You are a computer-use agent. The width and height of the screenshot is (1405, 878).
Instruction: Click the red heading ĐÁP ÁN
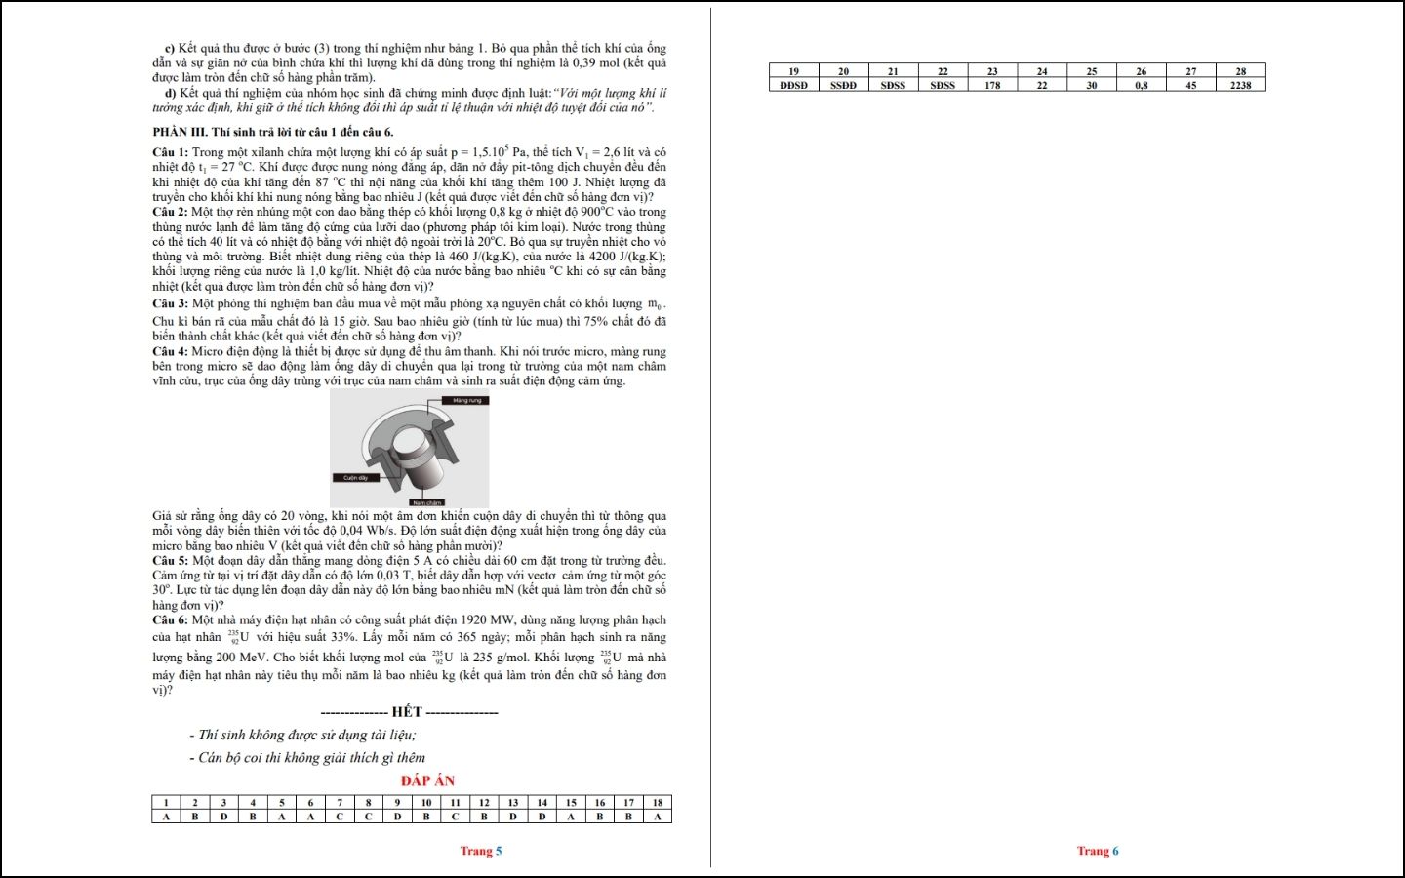(x=427, y=780)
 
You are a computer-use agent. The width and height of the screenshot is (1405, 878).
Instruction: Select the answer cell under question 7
(x=340, y=817)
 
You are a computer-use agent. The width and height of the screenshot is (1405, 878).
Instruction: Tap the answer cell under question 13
(x=512, y=817)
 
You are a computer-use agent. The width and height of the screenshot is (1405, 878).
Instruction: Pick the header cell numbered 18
(x=657, y=803)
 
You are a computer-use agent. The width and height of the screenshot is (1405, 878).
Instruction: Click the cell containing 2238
(x=1240, y=85)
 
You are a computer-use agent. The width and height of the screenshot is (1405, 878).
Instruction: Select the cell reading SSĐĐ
(x=843, y=85)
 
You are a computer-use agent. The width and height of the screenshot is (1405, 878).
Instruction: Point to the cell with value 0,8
(x=1141, y=85)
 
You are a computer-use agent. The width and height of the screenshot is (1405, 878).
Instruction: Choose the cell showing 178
(x=992, y=85)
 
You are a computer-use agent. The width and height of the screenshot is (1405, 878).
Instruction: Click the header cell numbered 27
(x=1190, y=71)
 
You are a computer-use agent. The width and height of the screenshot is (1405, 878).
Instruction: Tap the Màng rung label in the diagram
(x=466, y=400)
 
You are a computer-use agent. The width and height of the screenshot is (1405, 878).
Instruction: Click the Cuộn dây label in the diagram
(x=355, y=478)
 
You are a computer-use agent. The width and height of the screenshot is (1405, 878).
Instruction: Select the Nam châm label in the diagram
(x=426, y=502)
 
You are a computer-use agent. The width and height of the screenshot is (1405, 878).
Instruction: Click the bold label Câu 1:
(x=170, y=152)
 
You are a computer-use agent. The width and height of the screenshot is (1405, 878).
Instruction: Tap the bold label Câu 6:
(x=170, y=620)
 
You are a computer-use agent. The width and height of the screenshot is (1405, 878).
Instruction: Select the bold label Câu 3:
(x=170, y=303)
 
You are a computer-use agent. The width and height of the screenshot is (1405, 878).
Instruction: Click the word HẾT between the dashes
(x=407, y=712)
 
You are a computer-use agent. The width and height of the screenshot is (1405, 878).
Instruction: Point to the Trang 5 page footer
(x=481, y=851)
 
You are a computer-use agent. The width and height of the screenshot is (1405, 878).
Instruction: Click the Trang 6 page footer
(x=1098, y=851)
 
